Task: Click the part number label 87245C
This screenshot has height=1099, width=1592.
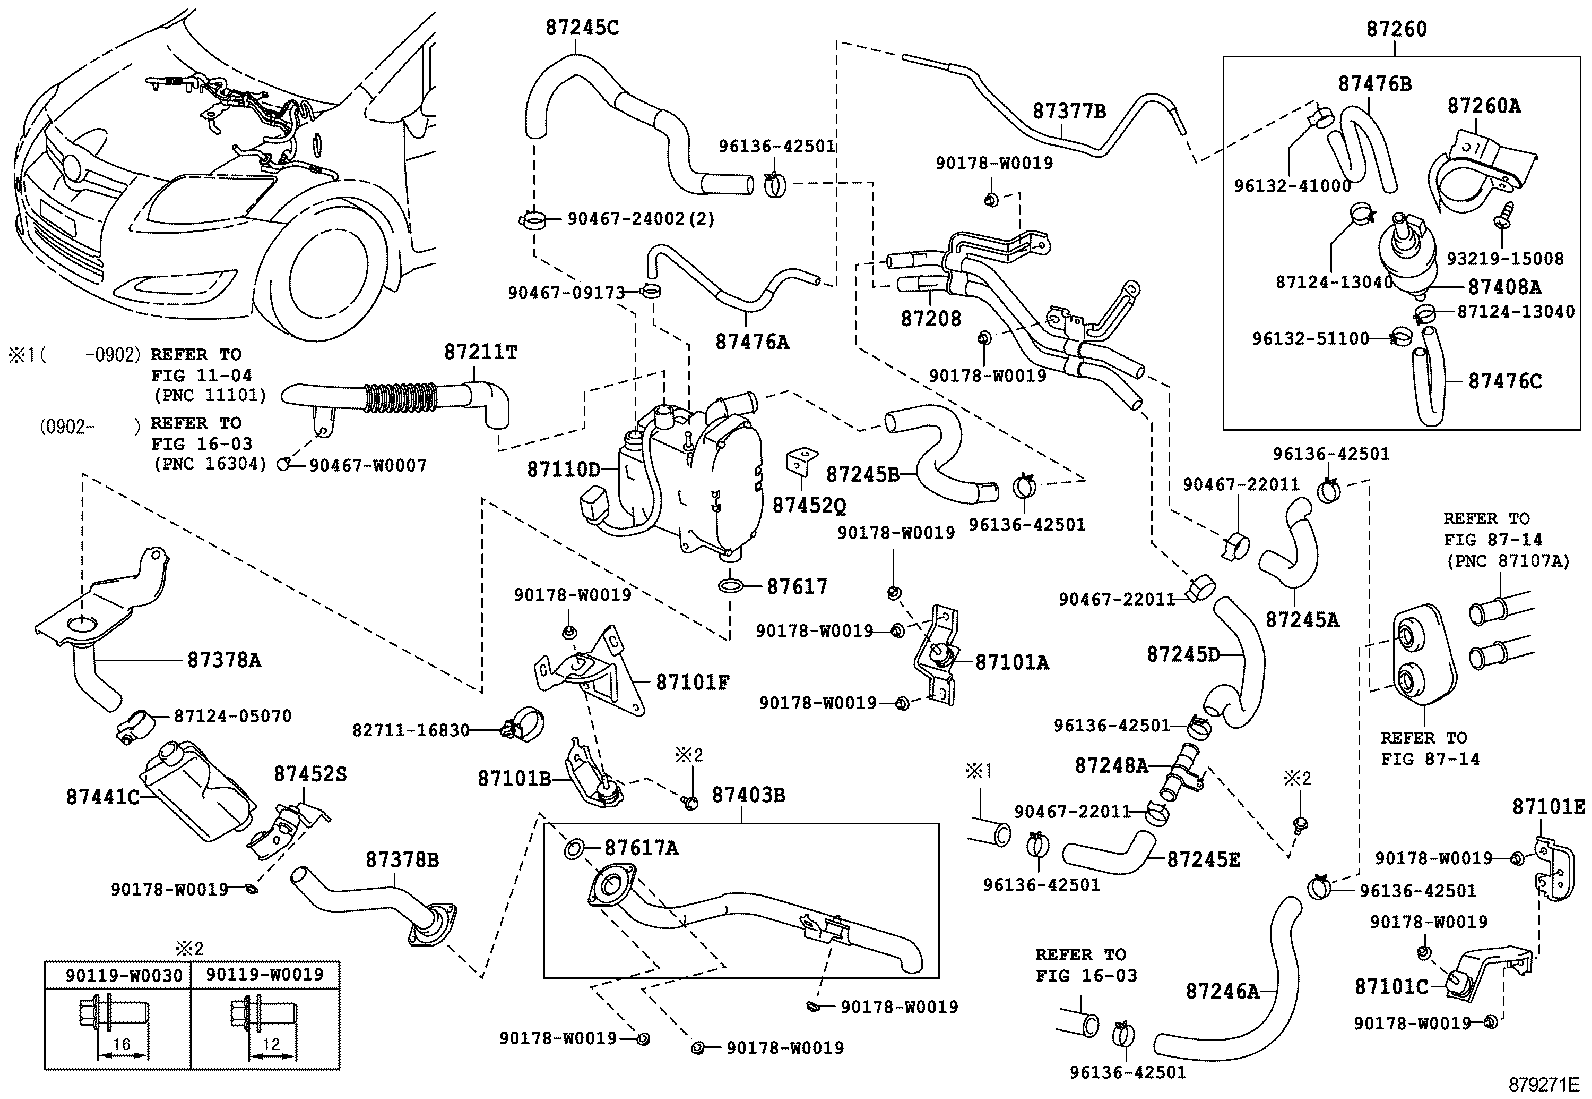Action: pos(582,27)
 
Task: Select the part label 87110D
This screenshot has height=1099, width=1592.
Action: pos(564,469)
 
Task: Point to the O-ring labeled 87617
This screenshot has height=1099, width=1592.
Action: pos(732,586)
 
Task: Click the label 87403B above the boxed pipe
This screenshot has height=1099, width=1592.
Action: pos(748,795)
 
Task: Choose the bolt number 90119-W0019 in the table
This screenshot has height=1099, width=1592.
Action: pos(264,974)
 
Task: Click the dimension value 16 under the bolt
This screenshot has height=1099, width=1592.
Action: pos(122,1044)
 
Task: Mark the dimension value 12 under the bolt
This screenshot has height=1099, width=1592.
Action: pos(271,1044)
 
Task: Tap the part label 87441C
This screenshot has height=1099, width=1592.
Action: pos(102,797)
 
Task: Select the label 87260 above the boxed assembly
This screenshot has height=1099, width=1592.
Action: pos(1396,28)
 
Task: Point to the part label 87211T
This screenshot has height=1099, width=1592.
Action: pos(480,352)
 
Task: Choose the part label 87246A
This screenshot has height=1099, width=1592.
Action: pos(1222,990)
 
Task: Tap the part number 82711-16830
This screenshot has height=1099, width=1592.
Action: pos(410,729)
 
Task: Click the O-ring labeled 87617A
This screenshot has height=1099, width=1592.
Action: pos(574,848)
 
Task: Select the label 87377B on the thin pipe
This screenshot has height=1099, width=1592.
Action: pos(1069,111)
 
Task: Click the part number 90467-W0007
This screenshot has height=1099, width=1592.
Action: pos(367,466)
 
